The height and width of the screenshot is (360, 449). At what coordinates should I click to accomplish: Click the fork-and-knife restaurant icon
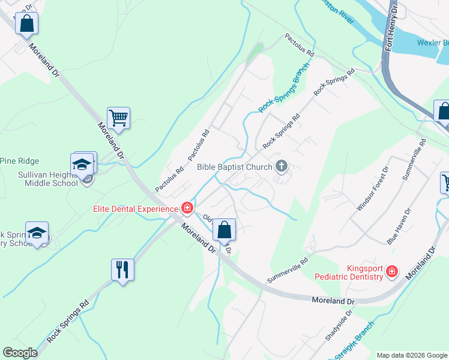[x=122, y=270]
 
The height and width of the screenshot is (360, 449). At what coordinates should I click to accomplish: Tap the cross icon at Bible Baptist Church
[x=281, y=166]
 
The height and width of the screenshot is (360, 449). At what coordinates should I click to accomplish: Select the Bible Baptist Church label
[x=235, y=166]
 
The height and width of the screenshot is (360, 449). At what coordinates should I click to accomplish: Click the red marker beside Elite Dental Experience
[x=187, y=209]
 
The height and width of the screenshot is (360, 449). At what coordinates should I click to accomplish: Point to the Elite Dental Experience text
[x=135, y=209]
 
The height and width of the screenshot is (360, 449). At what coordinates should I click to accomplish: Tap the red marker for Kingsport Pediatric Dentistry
[x=391, y=272]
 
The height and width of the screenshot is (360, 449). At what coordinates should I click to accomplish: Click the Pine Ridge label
[x=19, y=161]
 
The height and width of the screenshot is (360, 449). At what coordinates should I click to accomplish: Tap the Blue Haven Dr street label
[x=400, y=226]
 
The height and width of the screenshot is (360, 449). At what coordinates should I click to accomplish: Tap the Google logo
[x=20, y=353]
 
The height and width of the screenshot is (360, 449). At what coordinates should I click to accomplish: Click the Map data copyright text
[x=412, y=355]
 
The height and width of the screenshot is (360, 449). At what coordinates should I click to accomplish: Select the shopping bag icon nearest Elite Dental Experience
[x=224, y=230]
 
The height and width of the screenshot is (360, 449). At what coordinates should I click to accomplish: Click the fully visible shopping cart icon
[x=119, y=118]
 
